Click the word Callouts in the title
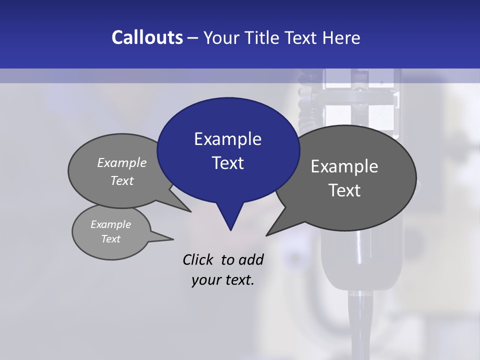click(x=147, y=37)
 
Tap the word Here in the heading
click(x=342, y=37)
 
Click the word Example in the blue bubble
click(x=227, y=139)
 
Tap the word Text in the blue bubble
click(x=227, y=163)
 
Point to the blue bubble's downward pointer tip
click(x=230, y=230)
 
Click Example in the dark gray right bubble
click(x=344, y=166)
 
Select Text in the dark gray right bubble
click(x=344, y=190)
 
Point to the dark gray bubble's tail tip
click(x=266, y=235)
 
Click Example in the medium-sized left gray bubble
click(x=122, y=162)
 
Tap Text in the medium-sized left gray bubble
click(x=122, y=180)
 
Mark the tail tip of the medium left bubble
click(x=190, y=211)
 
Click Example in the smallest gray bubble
click(x=110, y=224)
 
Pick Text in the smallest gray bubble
click(x=110, y=239)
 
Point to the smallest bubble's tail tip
click(x=173, y=238)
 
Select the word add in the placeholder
click(x=251, y=259)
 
